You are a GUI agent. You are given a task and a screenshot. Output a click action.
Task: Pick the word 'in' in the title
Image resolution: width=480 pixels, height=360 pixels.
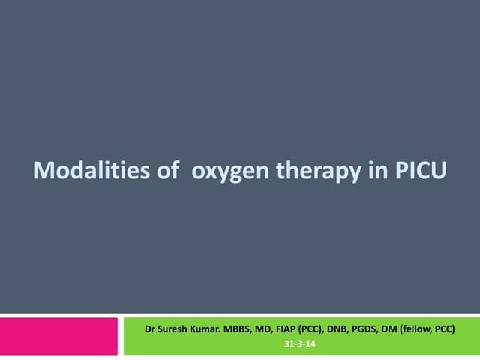(x=377, y=172)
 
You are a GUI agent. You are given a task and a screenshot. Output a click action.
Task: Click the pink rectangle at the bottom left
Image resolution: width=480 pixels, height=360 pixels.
(x=59, y=336)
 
